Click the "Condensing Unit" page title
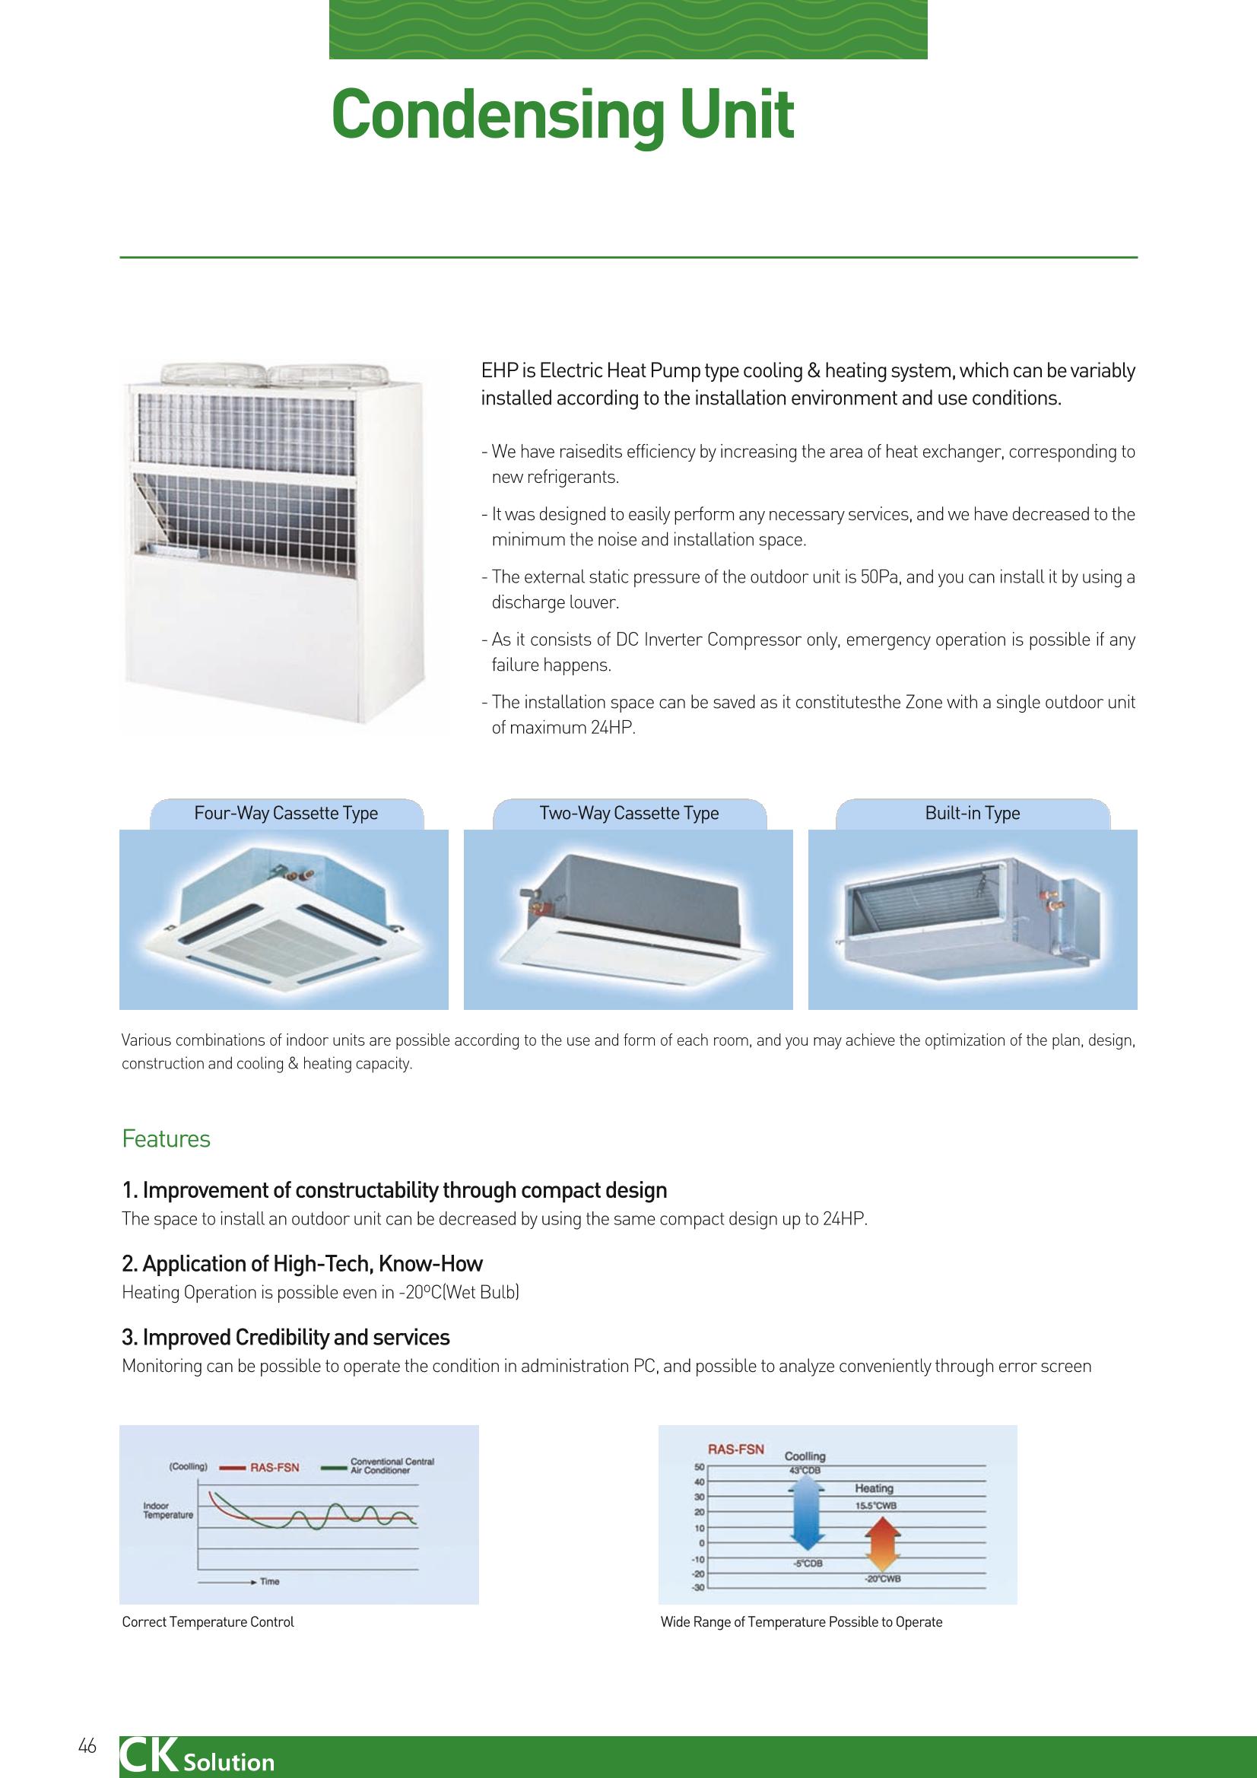click(x=562, y=116)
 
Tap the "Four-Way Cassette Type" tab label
click(x=286, y=813)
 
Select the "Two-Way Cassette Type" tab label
click(x=629, y=813)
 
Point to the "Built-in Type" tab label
click(x=972, y=813)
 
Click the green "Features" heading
click(x=166, y=1139)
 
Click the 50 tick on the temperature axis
click(x=699, y=1466)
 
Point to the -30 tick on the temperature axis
click(x=697, y=1589)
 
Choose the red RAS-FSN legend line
click(x=233, y=1467)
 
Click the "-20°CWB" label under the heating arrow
click(x=882, y=1579)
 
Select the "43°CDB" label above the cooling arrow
click(x=805, y=1471)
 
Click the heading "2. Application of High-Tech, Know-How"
click(x=302, y=1265)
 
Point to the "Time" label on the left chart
click(x=269, y=1581)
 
